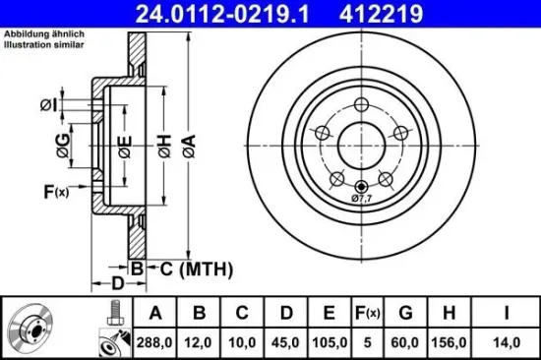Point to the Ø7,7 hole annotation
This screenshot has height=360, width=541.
[363, 199]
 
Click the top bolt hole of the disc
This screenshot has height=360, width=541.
[361, 105]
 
